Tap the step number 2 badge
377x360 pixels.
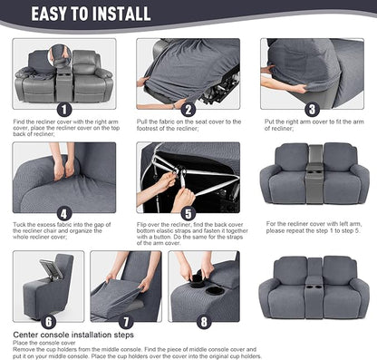(x=188, y=109)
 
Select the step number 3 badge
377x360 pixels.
(x=311, y=109)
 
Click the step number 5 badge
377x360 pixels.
(x=188, y=212)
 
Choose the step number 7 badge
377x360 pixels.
(x=126, y=319)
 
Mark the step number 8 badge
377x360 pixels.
(x=202, y=319)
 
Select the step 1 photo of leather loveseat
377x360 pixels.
(x=63, y=74)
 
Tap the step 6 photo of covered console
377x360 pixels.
(x=47, y=287)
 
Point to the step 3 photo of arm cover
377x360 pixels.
(x=313, y=73)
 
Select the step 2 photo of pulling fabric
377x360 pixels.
(x=188, y=73)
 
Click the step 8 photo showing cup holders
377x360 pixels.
(x=205, y=287)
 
